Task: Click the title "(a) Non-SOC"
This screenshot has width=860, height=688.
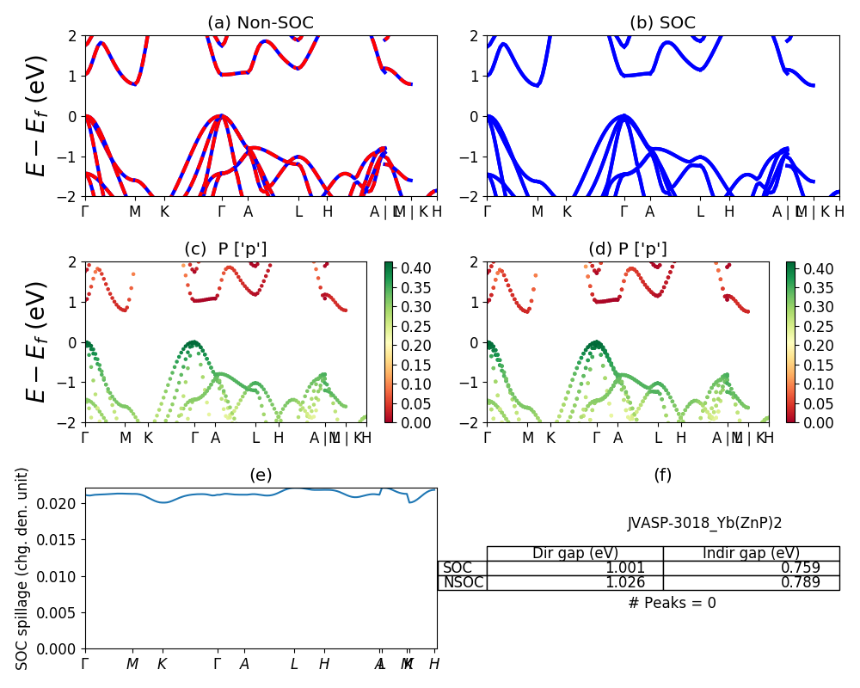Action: (x=261, y=22)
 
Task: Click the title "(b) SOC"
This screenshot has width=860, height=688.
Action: (x=662, y=22)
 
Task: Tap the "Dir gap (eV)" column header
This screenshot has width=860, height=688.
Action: (x=575, y=553)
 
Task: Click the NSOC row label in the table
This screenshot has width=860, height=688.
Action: (x=463, y=582)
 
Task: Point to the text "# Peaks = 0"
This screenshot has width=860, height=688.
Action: (x=672, y=603)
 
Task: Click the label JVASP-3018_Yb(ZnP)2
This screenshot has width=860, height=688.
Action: (x=704, y=523)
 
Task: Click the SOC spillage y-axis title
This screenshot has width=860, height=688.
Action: (x=22, y=568)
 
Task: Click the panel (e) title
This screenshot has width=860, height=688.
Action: (x=261, y=475)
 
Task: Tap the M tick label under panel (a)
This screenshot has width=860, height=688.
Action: (x=135, y=211)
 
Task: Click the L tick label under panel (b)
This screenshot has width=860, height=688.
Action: (x=700, y=211)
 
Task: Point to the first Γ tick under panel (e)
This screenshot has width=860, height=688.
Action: (x=85, y=664)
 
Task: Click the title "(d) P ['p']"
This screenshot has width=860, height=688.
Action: (x=628, y=249)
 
